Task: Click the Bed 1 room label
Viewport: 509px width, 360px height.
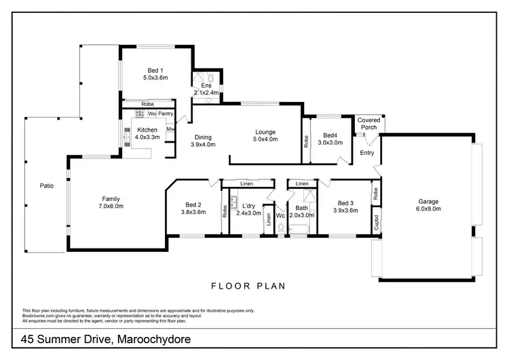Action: coord(155,71)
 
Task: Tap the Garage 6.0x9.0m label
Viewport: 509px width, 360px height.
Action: coord(428,205)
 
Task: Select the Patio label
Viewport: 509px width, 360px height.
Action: coord(46,186)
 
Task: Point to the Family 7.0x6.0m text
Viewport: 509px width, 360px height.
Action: coord(111,202)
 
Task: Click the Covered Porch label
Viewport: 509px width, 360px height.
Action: coord(369,124)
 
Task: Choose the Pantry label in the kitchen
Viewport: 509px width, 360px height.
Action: coord(166,113)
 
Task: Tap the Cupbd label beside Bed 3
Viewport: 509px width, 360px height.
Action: coord(376,223)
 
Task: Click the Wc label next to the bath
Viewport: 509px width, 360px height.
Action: coord(280,216)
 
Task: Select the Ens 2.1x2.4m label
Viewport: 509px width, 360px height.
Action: coord(206,89)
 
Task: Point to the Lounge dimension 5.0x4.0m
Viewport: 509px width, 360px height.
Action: coord(265,139)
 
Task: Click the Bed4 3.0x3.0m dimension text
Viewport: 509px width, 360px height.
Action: coord(330,143)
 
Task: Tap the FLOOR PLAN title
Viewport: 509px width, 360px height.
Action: coord(248,286)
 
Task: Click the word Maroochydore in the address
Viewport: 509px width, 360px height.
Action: coord(154,340)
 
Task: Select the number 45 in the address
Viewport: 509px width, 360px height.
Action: coord(27,340)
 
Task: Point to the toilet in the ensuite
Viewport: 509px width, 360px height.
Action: coord(210,78)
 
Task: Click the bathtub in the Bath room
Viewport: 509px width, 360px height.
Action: coord(299,229)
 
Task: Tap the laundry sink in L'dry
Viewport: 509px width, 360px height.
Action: coord(233,202)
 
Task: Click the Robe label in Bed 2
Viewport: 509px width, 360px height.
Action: coord(225,211)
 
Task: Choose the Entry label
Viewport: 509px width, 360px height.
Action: coord(366,153)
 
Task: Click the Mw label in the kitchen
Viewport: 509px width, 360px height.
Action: coord(170,129)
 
